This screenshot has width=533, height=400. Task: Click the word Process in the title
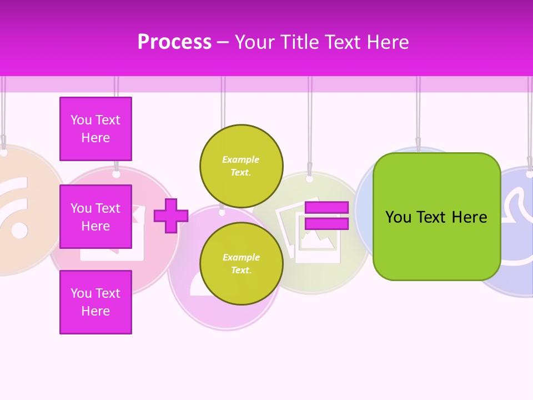(x=174, y=42)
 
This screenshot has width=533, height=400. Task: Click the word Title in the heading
(x=298, y=42)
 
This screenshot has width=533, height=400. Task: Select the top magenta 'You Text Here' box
(x=95, y=129)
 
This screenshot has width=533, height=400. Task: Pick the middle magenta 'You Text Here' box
(x=95, y=217)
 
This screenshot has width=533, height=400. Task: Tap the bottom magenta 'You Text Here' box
(x=95, y=302)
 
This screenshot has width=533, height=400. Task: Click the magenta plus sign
(x=171, y=216)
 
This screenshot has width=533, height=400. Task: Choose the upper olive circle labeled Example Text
(x=241, y=166)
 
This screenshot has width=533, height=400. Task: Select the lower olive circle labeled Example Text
(x=241, y=264)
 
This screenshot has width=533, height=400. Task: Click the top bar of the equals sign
(x=326, y=208)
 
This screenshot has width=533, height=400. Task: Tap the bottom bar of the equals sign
(x=326, y=224)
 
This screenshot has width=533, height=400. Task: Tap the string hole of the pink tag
(x=116, y=174)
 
